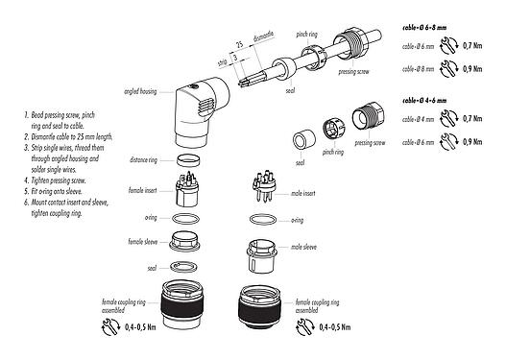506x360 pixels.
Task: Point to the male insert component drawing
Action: [262, 188]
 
